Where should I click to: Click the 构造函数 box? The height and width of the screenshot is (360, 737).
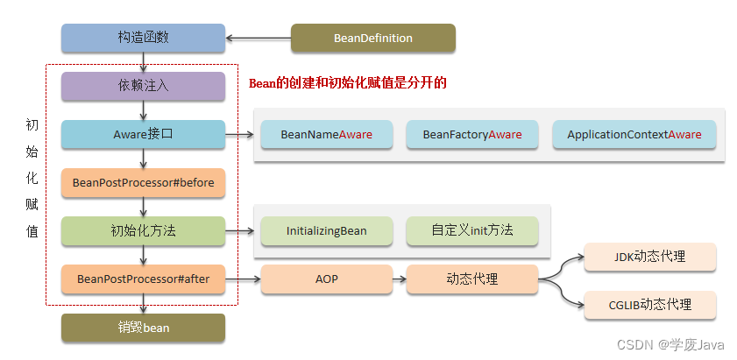143,39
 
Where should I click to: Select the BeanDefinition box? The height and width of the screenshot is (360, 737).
372,39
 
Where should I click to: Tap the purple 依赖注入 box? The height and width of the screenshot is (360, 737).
143,87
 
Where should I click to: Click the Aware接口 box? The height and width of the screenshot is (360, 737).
143,135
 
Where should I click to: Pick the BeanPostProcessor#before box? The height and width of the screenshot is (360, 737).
143,183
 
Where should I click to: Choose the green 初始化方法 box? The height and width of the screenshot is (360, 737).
143,231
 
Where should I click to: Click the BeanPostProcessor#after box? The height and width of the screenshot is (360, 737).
143,279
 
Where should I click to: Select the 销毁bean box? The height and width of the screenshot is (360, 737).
143,328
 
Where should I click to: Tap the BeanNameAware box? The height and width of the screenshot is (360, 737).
326,135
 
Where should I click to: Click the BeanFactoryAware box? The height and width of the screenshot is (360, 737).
472,135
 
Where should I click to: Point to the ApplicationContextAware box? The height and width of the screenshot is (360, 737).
634,135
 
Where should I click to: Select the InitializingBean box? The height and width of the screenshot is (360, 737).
326,231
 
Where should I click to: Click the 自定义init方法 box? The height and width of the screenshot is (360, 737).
471,231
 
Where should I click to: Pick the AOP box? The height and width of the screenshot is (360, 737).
326,279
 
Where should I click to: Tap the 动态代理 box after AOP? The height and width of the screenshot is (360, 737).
471,279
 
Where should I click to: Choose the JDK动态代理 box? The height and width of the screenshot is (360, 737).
649,258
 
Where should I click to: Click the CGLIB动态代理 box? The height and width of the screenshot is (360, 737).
649,305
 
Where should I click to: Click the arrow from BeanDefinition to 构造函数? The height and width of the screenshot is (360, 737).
259,39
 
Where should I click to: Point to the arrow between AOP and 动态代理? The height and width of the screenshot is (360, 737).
399,279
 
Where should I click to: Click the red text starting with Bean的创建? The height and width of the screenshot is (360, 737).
348,83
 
